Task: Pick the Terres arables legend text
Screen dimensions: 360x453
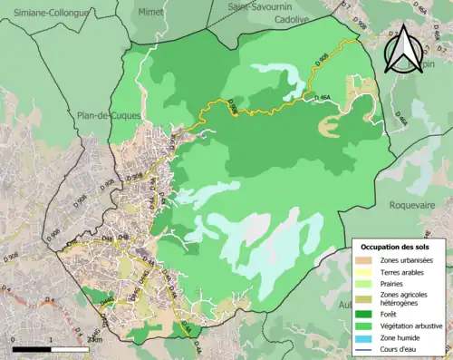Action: [404, 273]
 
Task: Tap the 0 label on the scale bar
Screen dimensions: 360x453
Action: [13, 339]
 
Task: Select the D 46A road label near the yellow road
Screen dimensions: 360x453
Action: [322, 96]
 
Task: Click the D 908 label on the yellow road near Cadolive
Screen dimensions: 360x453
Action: [323, 58]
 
